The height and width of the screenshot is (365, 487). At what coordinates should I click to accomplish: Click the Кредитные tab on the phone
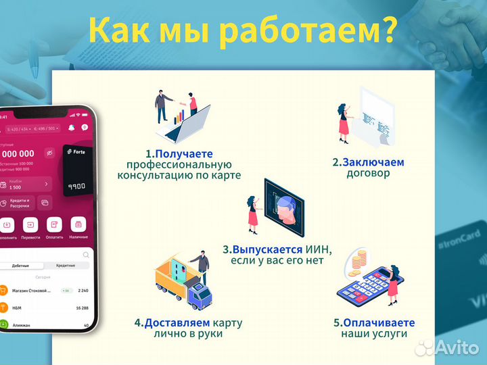pos(66,266)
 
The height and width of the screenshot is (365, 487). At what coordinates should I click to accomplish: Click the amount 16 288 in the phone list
pos(83,308)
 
